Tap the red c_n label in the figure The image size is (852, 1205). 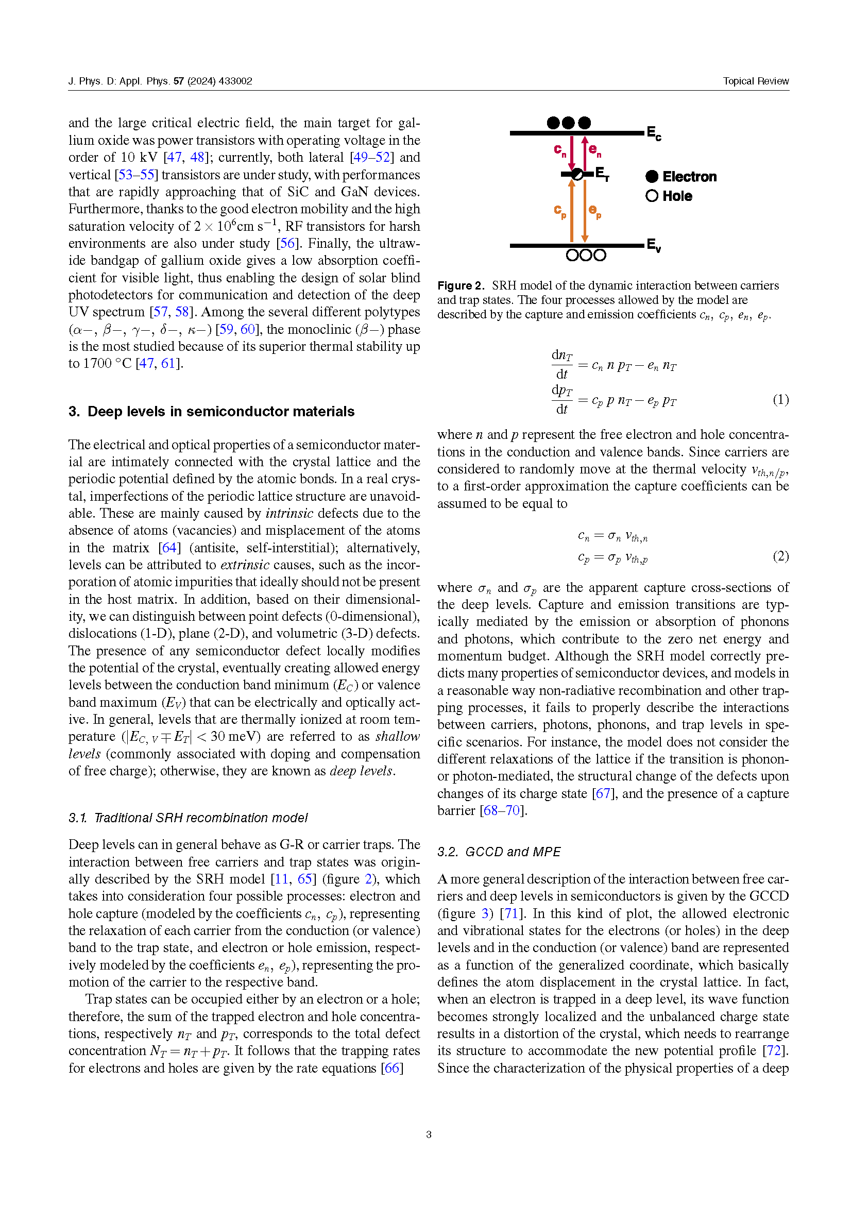pyautogui.click(x=559, y=150)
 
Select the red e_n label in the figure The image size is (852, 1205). pyautogui.click(x=594, y=150)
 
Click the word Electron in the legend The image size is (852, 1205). pyautogui.click(x=689, y=177)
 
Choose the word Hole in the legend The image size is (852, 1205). pyautogui.click(x=677, y=196)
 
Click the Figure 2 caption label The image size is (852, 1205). pyautogui.click(x=461, y=286)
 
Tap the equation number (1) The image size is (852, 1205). pyautogui.click(x=780, y=400)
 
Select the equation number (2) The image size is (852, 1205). pyautogui.click(x=780, y=556)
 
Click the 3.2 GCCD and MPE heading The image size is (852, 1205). pyautogui.click(x=499, y=852)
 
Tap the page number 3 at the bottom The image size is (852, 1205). pyautogui.click(x=429, y=1134)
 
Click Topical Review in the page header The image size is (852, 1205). pyautogui.click(x=756, y=81)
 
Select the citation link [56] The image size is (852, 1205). pyautogui.click(x=287, y=244)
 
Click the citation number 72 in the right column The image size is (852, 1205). pyautogui.click(x=774, y=1050)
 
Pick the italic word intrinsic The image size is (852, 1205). pyautogui.click(x=289, y=513)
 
